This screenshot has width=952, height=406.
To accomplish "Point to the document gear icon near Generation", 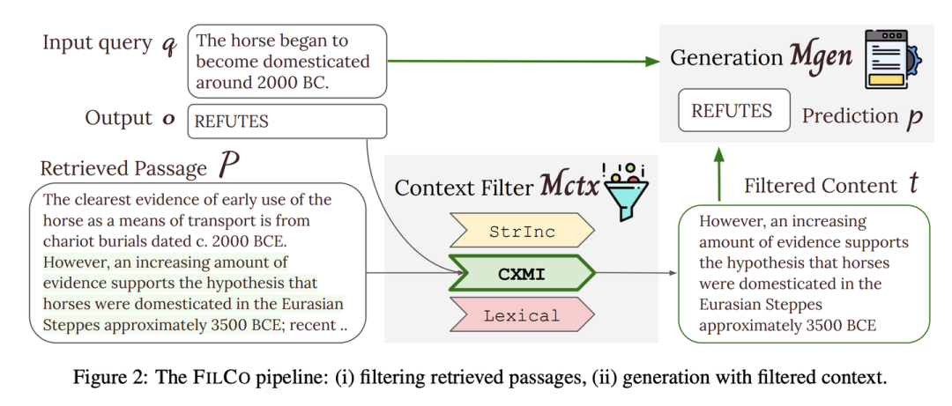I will tap(892, 58).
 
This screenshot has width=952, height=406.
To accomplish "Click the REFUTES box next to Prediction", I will tap(732, 111).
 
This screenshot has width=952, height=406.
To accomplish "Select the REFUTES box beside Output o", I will tap(287, 121).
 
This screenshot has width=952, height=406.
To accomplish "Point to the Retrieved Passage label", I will tap(123, 167).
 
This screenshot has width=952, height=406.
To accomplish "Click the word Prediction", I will tap(850, 115).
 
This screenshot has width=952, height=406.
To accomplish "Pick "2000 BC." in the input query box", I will tap(296, 82).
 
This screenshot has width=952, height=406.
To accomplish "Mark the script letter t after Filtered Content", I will tap(913, 184).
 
